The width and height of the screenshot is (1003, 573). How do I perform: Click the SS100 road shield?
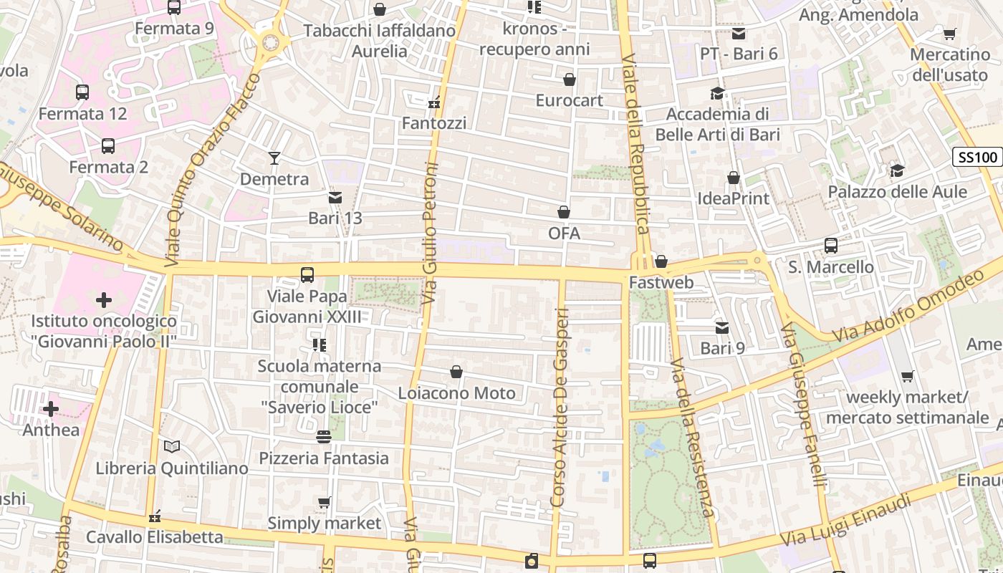[976, 158]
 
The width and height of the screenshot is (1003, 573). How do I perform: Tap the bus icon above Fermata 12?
[82, 92]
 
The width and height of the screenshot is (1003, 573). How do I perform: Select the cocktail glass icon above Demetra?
[274, 158]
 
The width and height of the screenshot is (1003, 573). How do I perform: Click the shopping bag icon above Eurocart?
[570, 79]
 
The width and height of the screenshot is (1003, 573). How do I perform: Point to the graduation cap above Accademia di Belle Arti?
[716, 93]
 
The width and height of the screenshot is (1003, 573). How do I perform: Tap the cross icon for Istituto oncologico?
[104, 299]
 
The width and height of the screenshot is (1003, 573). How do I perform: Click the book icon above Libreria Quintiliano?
[171, 446]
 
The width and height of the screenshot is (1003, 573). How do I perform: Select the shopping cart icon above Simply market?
[325, 502]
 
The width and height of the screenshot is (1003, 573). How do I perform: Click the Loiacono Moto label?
[456, 393]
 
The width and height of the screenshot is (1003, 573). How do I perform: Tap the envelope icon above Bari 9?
[722, 327]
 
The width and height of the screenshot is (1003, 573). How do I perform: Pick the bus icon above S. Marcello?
[831, 246]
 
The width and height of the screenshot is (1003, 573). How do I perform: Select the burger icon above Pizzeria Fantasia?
[324, 436]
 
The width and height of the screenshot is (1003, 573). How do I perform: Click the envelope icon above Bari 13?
[335, 197]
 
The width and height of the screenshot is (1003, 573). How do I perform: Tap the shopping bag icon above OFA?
[564, 212]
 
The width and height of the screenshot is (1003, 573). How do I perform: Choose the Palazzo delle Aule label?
[897, 192]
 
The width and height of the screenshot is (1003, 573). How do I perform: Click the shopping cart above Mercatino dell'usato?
[950, 34]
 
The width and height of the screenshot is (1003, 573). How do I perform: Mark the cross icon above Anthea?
[51, 409]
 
